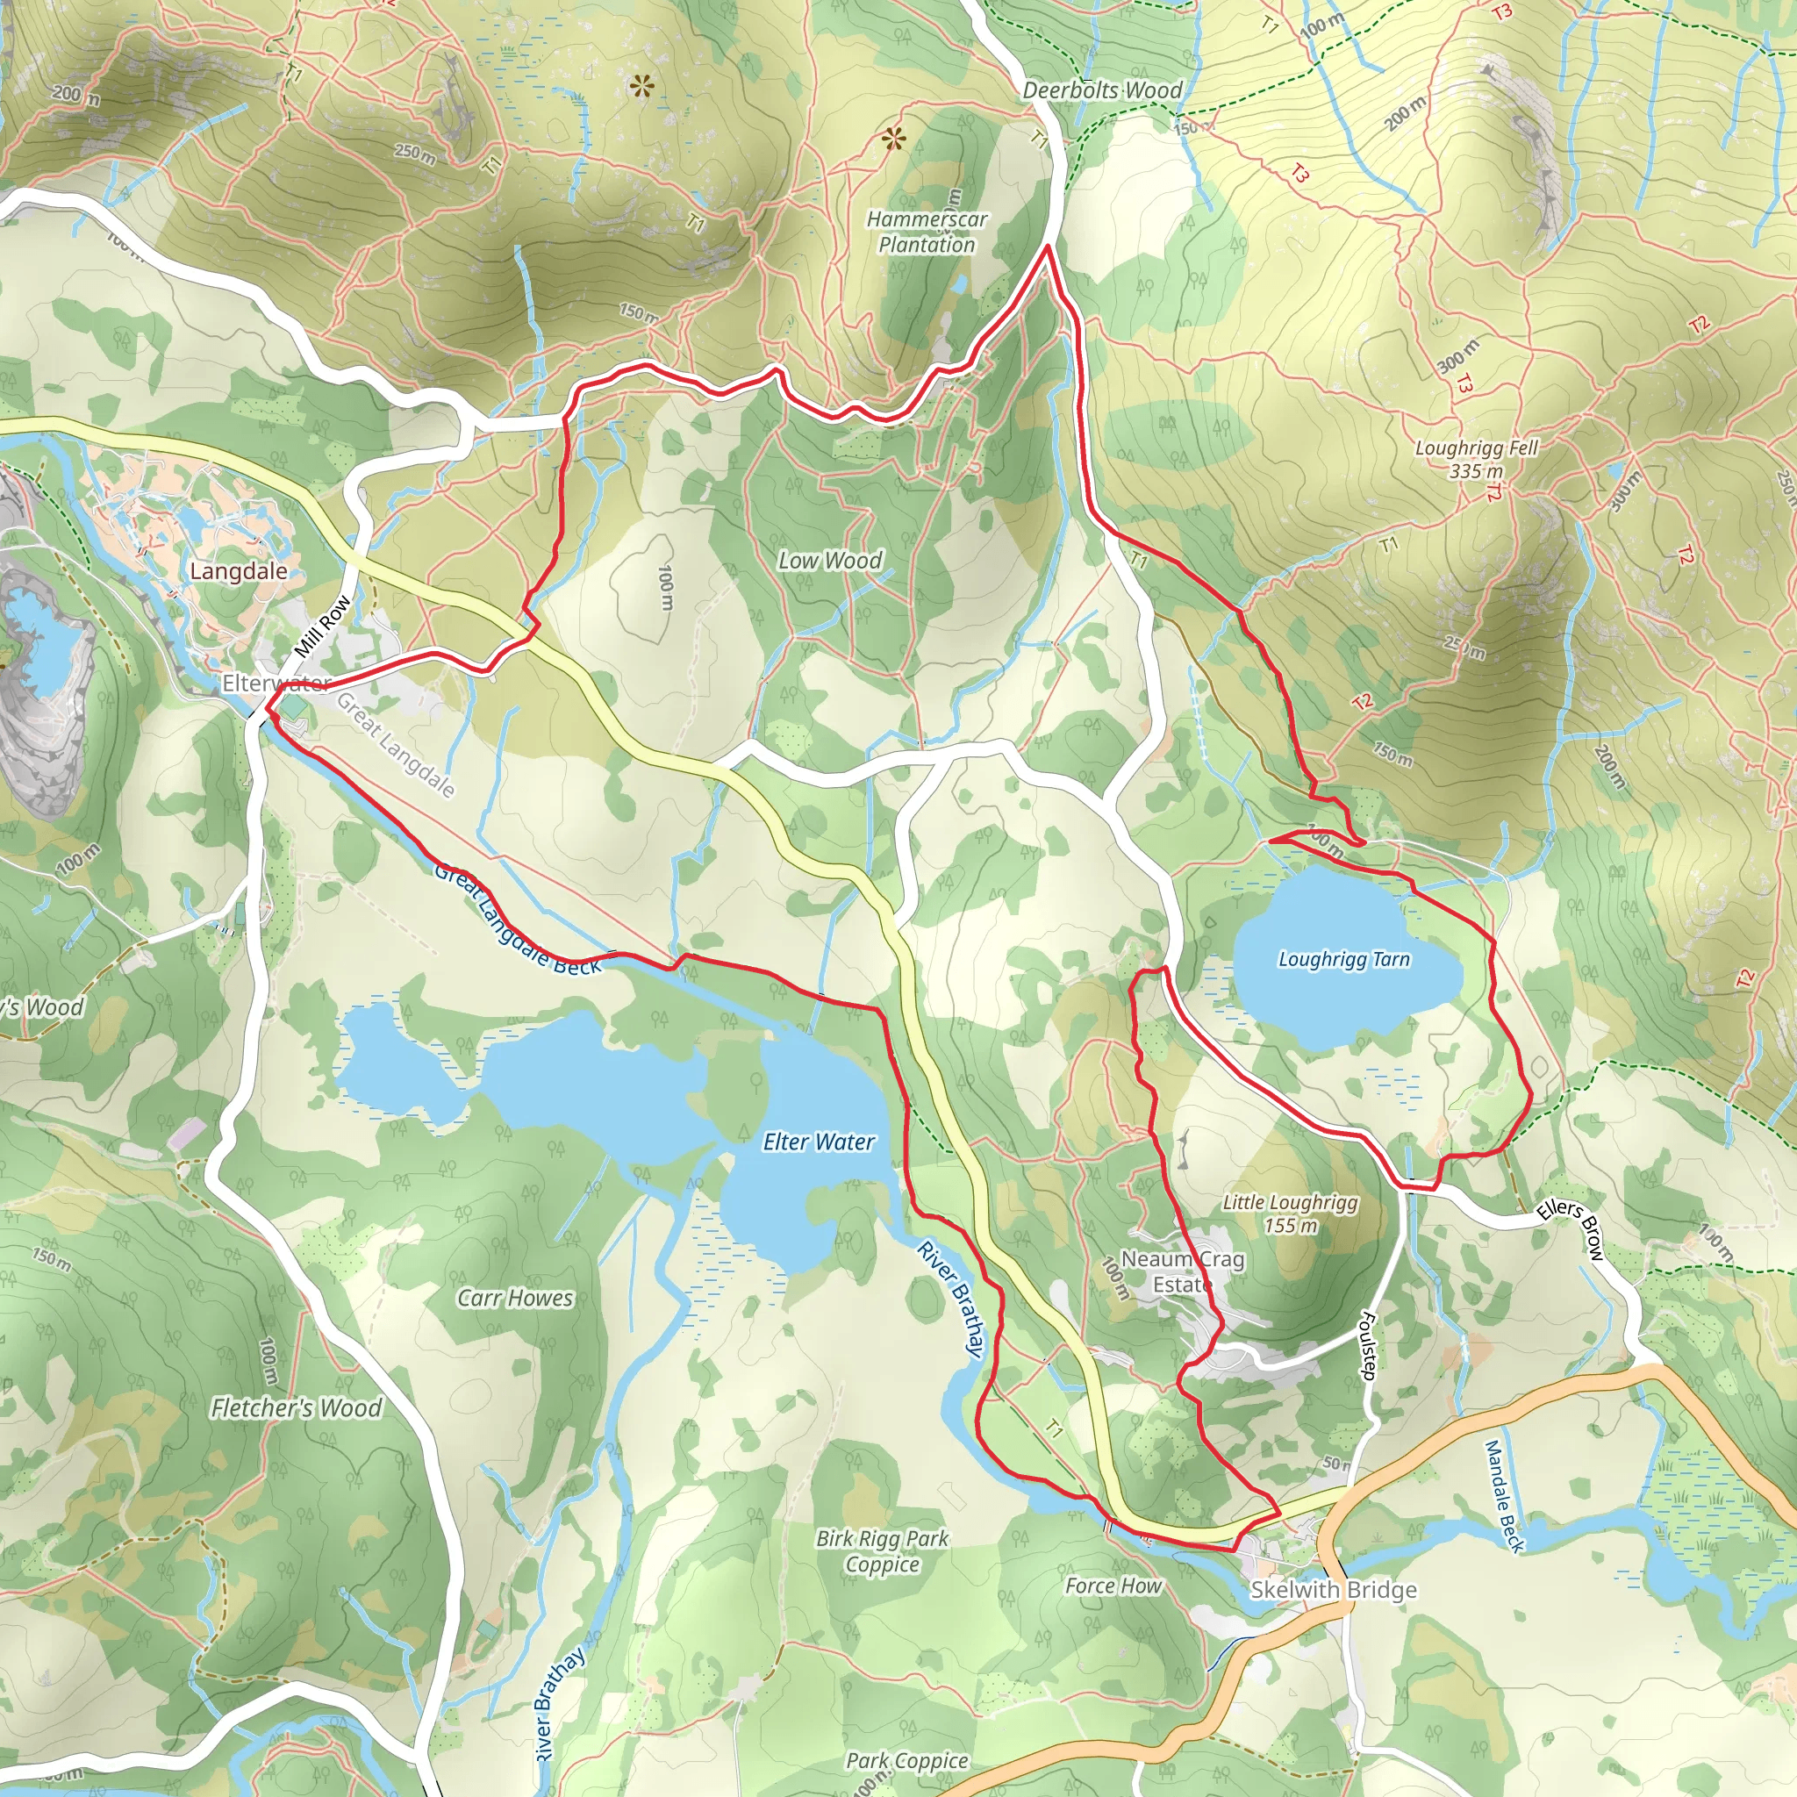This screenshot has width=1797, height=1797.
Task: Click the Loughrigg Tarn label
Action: (x=1344, y=959)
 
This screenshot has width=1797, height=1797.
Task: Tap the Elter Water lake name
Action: (x=819, y=1142)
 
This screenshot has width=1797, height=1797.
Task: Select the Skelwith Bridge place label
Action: (x=1333, y=1590)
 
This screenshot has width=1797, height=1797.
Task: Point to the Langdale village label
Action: (x=238, y=571)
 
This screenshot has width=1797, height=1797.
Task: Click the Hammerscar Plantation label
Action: (x=927, y=232)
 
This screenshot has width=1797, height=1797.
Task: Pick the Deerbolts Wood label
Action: (x=1102, y=90)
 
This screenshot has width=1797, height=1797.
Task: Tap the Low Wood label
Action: (x=830, y=560)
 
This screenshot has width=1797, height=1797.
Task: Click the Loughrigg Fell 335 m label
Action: (x=1476, y=459)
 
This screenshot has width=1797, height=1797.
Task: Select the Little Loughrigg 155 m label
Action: (x=1290, y=1213)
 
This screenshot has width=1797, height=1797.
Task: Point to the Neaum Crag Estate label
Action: (x=1182, y=1271)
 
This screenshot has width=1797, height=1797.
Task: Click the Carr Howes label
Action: (x=514, y=1298)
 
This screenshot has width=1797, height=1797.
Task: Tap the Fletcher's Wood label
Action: (x=296, y=1407)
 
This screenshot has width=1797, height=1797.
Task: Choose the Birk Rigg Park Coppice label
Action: (x=882, y=1550)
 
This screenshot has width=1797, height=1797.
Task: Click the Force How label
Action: (x=1113, y=1585)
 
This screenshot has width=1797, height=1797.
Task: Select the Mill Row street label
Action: (x=324, y=626)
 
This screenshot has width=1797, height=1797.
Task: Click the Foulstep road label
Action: (x=1367, y=1345)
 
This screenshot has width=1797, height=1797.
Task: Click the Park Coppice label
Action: (x=907, y=1760)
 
